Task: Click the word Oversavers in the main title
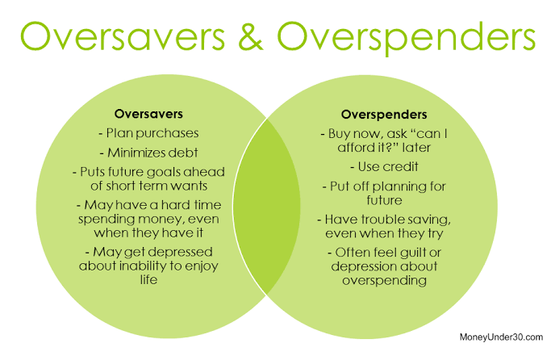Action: [123, 36]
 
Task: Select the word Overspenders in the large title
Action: [407, 39]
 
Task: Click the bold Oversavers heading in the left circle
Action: [148, 114]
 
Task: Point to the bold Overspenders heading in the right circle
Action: [384, 115]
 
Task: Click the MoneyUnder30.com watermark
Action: [501, 337]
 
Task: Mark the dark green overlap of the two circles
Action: [266, 206]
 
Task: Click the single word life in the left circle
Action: [148, 279]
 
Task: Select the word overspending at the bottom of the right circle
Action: [385, 281]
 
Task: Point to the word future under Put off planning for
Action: [385, 200]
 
